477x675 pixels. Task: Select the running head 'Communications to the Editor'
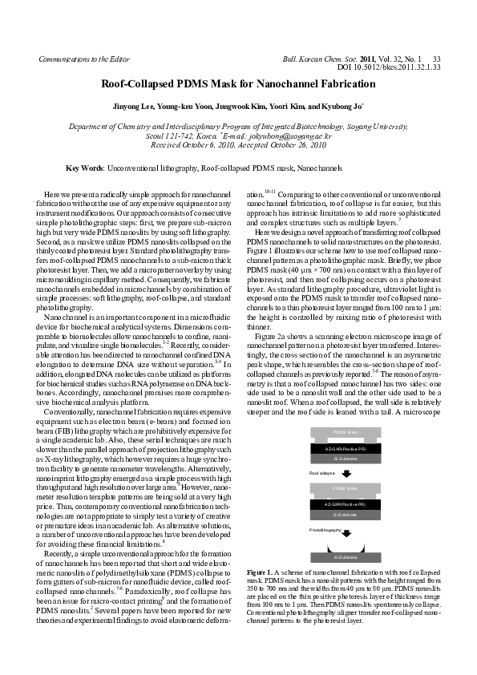tap(83, 59)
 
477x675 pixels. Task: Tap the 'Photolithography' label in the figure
tap(329, 531)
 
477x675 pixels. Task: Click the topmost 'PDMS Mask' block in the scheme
tap(346, 433)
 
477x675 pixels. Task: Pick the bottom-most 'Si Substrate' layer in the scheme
tap(346, 556)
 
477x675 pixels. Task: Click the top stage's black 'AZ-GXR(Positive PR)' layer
tap(346, 448)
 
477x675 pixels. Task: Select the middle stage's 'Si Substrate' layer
tap(346, 515)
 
